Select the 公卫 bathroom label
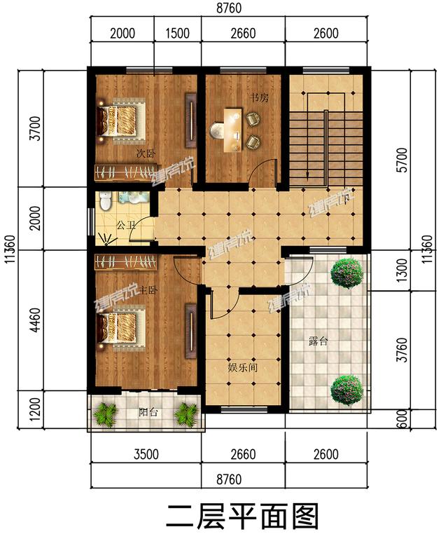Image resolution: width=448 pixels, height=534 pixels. pyautogui.click(x=125, y=226)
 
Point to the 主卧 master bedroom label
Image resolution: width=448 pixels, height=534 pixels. pyautogui.click(x=147, y=289)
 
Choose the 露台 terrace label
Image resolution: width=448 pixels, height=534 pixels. pyautogui.click(x=318, y=343)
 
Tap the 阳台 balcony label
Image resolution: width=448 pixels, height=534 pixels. pyautogui.click(x=148, y=413)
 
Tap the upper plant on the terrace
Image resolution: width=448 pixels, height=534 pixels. pyautogui.click(x=346, y=273)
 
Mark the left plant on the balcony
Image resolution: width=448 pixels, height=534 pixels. pyautogui.click(x=105, y=413)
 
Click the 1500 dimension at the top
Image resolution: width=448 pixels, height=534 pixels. pyautogui.click(x=177, y=33)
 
